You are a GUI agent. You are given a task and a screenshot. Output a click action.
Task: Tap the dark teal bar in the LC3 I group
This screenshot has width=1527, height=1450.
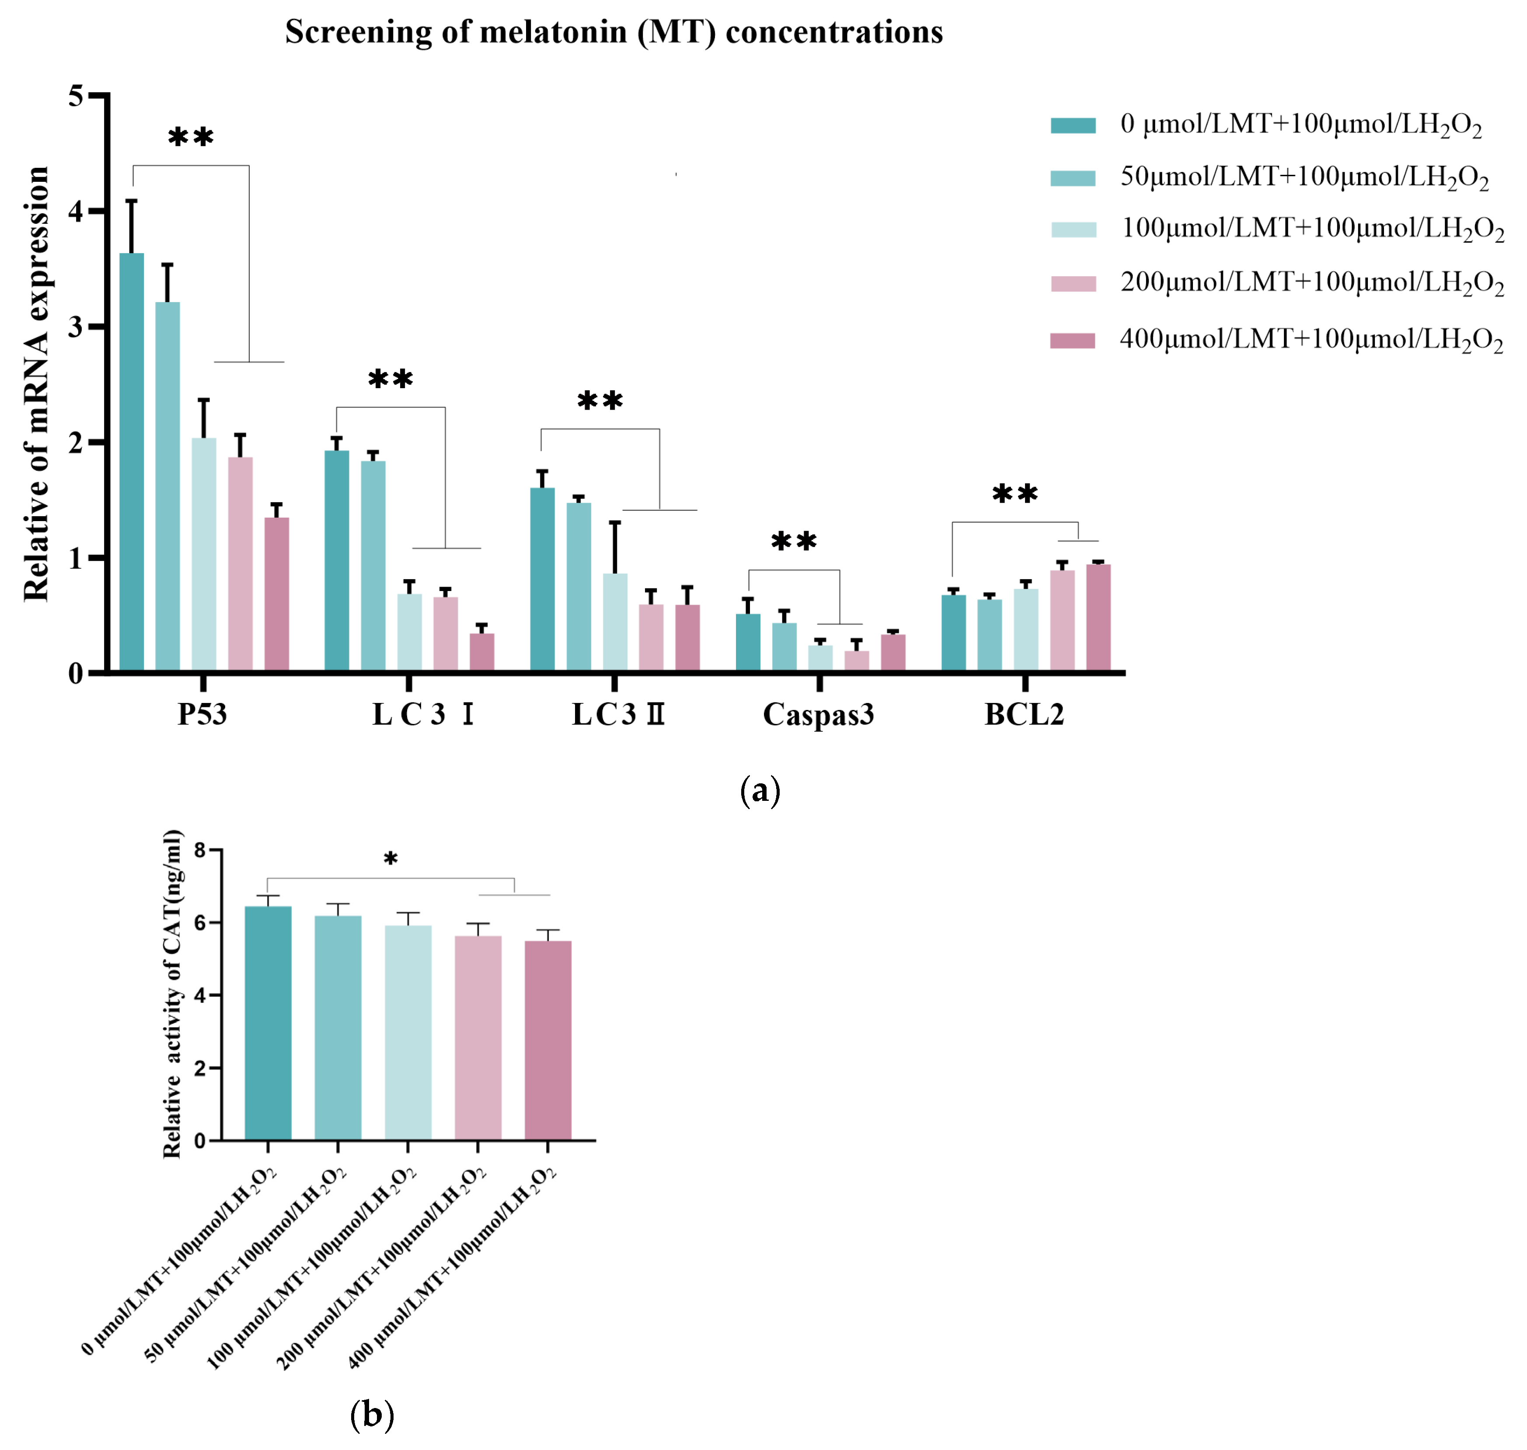(x=336, y=560)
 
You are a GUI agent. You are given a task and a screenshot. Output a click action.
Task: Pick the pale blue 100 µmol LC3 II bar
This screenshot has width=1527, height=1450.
(x=615, y=622)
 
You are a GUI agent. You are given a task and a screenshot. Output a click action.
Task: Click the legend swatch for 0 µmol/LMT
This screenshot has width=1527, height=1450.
(x=1072, y=125)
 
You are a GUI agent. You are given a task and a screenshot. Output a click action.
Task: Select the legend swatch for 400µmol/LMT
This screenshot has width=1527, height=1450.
(x=1072, y=341)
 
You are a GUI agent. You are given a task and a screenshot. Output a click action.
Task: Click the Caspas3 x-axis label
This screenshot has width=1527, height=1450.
(x=818, y=714)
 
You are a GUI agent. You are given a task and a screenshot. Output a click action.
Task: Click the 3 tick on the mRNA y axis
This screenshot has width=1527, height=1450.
(x=76, y=327)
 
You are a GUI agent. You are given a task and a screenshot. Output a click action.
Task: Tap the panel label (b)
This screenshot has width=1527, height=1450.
(x=372, y=1415)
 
